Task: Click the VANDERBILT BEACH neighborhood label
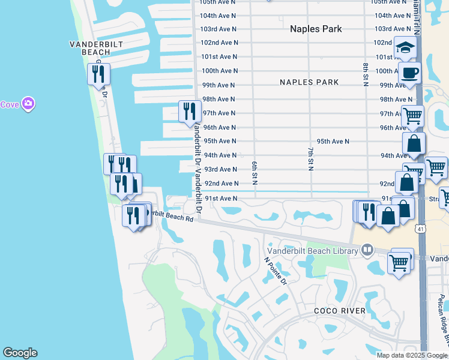pos(90,48)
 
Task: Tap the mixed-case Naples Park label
pos(316,29)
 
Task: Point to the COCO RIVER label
pos(340,311)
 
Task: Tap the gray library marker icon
pos(367,249)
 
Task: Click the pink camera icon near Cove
pos(28,104)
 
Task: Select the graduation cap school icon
pos(406,47)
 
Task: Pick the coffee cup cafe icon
pos(409,73)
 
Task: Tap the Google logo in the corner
pos(20,353)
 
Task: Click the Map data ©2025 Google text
pos(412,355)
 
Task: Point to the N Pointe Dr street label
pos(276,271)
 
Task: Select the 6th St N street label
pos(255,172)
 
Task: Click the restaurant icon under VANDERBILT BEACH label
pos(98,74)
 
